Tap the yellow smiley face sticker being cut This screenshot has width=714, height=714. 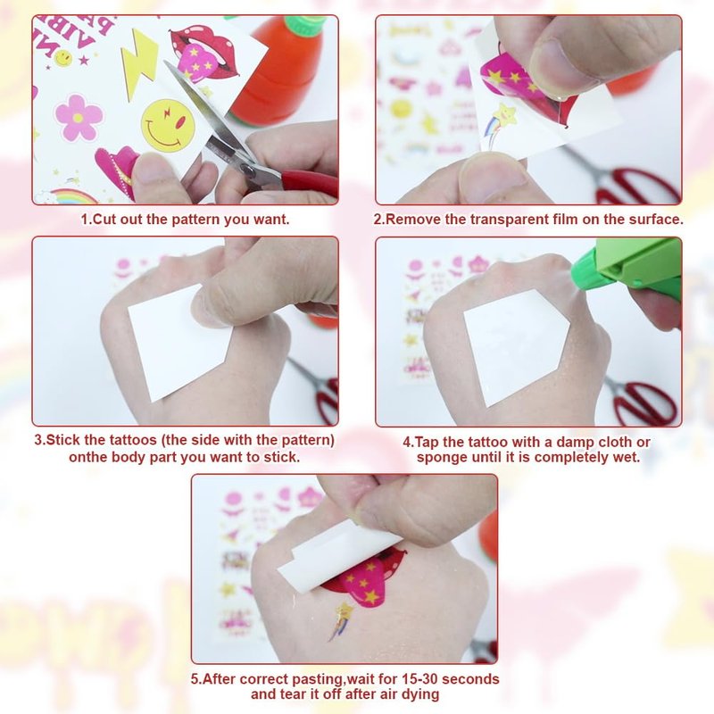[167, 125]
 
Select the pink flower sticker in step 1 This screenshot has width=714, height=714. [79, 118]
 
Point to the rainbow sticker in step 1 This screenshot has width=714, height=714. [73, 196]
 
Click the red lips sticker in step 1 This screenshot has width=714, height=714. [205, 53]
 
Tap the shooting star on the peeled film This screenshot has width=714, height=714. [500, 124]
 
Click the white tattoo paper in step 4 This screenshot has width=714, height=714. [517, 346]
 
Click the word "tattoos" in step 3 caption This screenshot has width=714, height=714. [133, 440]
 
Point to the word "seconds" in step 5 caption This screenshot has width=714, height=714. [471, 679]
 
